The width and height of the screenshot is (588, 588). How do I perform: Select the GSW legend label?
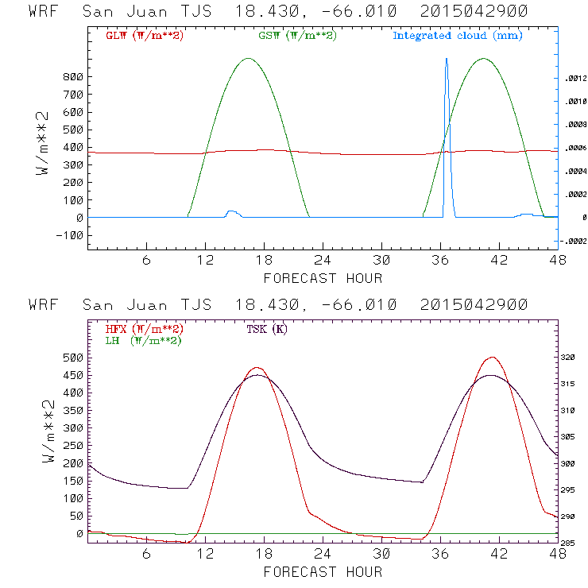(296, 36)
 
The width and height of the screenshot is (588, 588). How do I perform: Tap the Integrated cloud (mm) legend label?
(458, 36)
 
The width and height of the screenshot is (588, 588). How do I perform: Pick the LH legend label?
(144, 340)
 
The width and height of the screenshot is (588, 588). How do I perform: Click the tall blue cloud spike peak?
(446, 59)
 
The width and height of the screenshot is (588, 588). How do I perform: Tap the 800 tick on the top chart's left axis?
(73, 77)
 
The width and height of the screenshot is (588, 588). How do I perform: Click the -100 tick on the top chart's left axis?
(70, 235)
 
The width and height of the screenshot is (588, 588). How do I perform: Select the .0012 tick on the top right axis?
(574, 79)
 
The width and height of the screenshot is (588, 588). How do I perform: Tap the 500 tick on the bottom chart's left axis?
(73, 358)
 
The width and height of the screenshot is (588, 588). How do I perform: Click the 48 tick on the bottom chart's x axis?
(557, 554)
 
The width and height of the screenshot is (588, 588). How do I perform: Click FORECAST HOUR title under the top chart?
(323, 278)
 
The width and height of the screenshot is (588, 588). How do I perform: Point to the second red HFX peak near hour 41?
(493, 358)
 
